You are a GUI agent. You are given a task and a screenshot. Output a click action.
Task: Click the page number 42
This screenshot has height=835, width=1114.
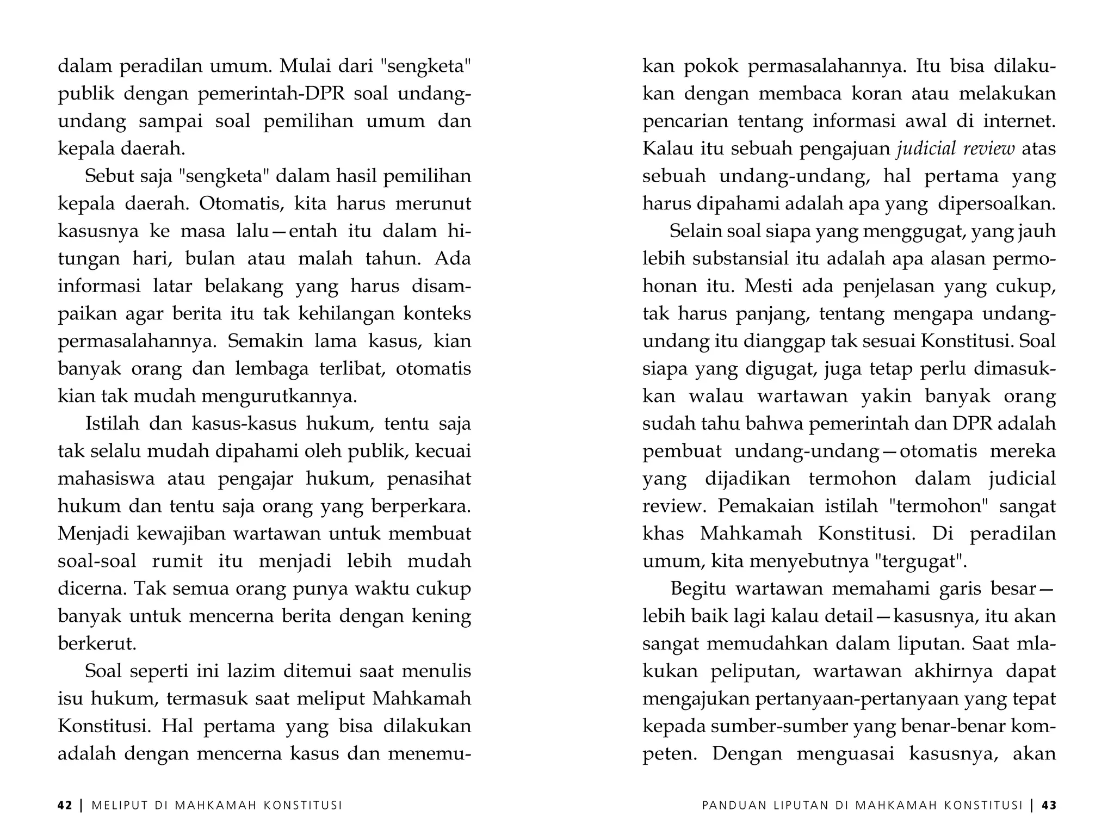click(65, 806)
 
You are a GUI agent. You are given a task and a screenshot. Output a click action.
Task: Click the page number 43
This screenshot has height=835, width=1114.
click(1049, 806)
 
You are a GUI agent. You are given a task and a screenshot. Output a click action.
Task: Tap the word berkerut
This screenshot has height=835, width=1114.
click(96, 644)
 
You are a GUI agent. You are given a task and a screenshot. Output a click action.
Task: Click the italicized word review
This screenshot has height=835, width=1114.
click(988, 149)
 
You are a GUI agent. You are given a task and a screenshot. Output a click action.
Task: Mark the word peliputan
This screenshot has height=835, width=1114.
click(754, 671)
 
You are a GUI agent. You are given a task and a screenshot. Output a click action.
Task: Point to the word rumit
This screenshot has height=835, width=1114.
click(177, 561)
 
